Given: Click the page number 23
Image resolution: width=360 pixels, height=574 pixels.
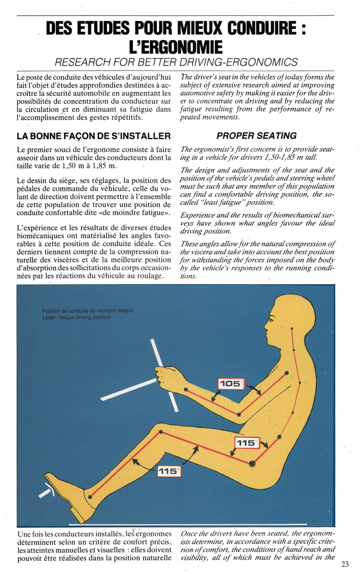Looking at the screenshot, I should (345, 564).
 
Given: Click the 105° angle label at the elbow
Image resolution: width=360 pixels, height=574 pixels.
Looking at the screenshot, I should (230, 384).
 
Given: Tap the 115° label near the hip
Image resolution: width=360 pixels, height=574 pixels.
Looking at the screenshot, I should (246, 443).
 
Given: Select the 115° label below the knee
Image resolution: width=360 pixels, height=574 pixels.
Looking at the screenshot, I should (169, 471).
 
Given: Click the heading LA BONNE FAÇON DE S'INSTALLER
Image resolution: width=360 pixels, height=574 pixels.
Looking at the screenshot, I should (93, 136).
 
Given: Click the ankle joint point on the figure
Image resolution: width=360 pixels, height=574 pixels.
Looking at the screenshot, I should (90, 497).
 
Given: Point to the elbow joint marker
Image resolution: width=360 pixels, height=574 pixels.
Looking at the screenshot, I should (239, 414).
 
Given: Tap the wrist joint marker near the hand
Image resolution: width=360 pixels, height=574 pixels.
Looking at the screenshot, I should (185, 389).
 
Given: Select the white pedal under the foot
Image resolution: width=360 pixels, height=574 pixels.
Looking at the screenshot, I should (47, 491).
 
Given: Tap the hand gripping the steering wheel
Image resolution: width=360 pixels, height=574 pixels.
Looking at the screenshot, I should (166, 377).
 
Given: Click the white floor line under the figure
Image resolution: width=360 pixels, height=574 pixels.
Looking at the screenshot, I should (189, 524).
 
